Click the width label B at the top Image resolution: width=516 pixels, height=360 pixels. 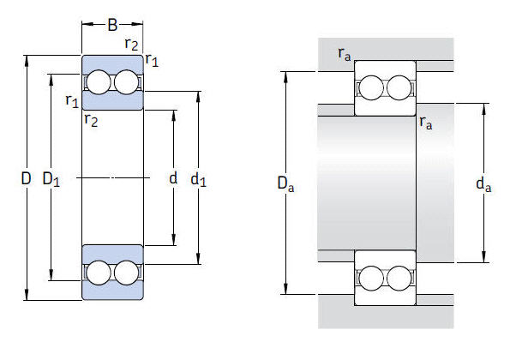coord(112,25)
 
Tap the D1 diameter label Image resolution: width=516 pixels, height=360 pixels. coord(51,179)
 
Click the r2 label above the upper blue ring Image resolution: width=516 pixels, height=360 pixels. coord(132,45)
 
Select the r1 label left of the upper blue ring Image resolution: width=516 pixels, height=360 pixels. coord(72,101)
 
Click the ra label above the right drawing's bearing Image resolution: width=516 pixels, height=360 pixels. coord(345,56)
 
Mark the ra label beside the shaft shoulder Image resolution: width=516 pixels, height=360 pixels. coord(426,123)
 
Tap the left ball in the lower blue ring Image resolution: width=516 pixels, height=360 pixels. coord(99,273)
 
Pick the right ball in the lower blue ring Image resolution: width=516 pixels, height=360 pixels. coord(126,273)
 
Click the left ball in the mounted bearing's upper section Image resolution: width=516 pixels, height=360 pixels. coord(372,88)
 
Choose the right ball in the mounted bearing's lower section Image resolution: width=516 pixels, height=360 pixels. coord(399,279)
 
